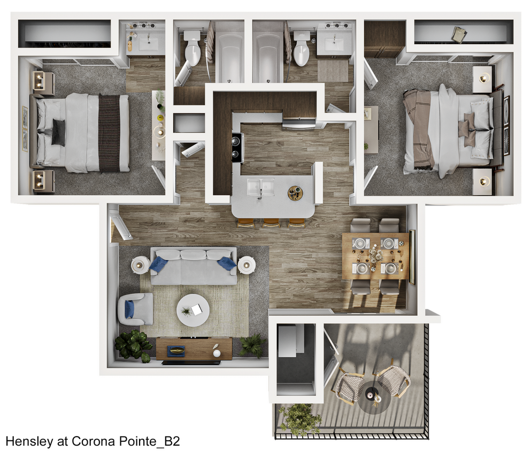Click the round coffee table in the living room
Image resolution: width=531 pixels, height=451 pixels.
[193, 310]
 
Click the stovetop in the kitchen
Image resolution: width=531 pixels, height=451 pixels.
[237, 146]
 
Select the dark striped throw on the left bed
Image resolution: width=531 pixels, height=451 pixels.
[110, 133]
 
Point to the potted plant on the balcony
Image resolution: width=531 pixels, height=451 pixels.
[299, 417]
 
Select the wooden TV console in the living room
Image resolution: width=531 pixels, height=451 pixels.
[194, 348]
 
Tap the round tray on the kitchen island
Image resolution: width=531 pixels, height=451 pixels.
[295, 193]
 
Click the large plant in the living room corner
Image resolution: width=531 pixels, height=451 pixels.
[133, 345]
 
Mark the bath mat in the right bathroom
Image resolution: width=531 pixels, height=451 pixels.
[333, 71]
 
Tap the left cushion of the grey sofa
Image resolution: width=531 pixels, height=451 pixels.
[166, 255]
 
